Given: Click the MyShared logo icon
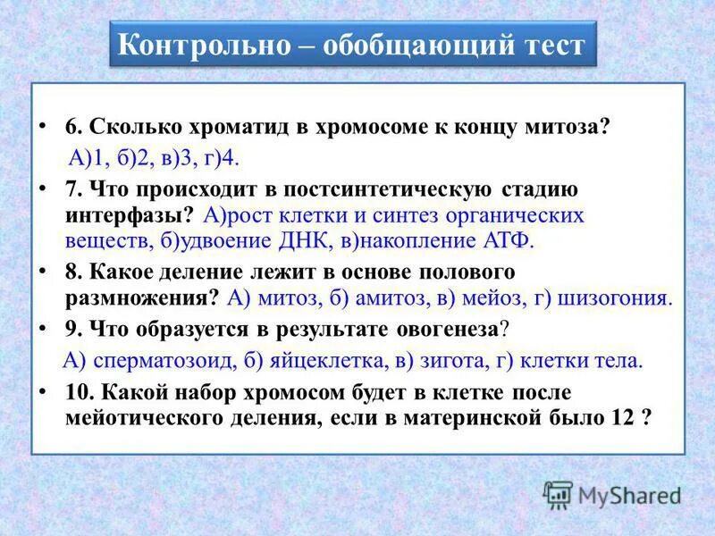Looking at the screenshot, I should tap(559, 495).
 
